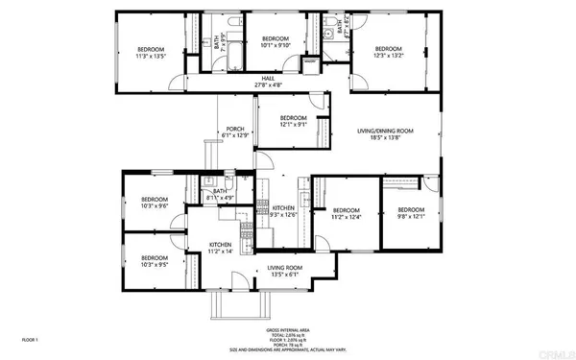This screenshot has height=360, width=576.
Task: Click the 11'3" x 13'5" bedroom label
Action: click(150, 53)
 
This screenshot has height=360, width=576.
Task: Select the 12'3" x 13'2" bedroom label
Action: click(388, 52)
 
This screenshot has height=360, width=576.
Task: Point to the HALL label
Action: click(268, 82)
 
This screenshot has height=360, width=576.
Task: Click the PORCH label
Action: click(234, 132)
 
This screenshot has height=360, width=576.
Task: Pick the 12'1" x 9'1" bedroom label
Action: click(293, 121)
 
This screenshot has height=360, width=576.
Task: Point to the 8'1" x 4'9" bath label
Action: click(220, 195)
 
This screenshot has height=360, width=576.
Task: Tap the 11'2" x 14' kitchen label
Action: click(222, 249)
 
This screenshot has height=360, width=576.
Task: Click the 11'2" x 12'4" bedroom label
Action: click(346, 214)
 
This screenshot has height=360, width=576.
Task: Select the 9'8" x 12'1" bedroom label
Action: click(411, 213)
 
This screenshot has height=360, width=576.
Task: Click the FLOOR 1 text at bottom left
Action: click(30, 339)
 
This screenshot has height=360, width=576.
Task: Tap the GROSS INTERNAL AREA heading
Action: click(287, 329)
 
